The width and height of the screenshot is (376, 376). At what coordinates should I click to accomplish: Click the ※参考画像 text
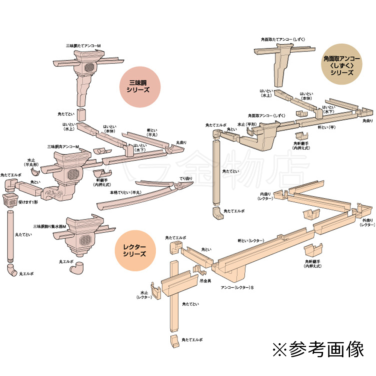point(318,349)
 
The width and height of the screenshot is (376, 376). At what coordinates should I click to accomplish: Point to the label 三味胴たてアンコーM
point(83,46)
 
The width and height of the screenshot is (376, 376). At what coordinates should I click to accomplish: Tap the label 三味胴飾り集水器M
point(49,226)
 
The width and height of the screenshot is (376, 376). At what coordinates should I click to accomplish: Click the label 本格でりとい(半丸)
point(123,192)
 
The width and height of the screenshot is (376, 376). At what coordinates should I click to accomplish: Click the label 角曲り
point(367,121)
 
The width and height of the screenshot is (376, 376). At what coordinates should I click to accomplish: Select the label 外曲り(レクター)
point(367,222)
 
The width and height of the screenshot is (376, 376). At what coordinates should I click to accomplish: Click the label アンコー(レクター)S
point(238,288)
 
